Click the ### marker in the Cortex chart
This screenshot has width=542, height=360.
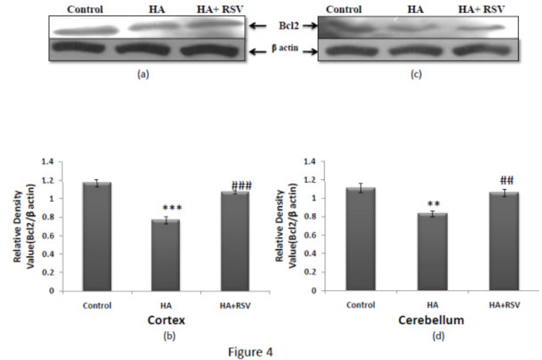241,186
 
